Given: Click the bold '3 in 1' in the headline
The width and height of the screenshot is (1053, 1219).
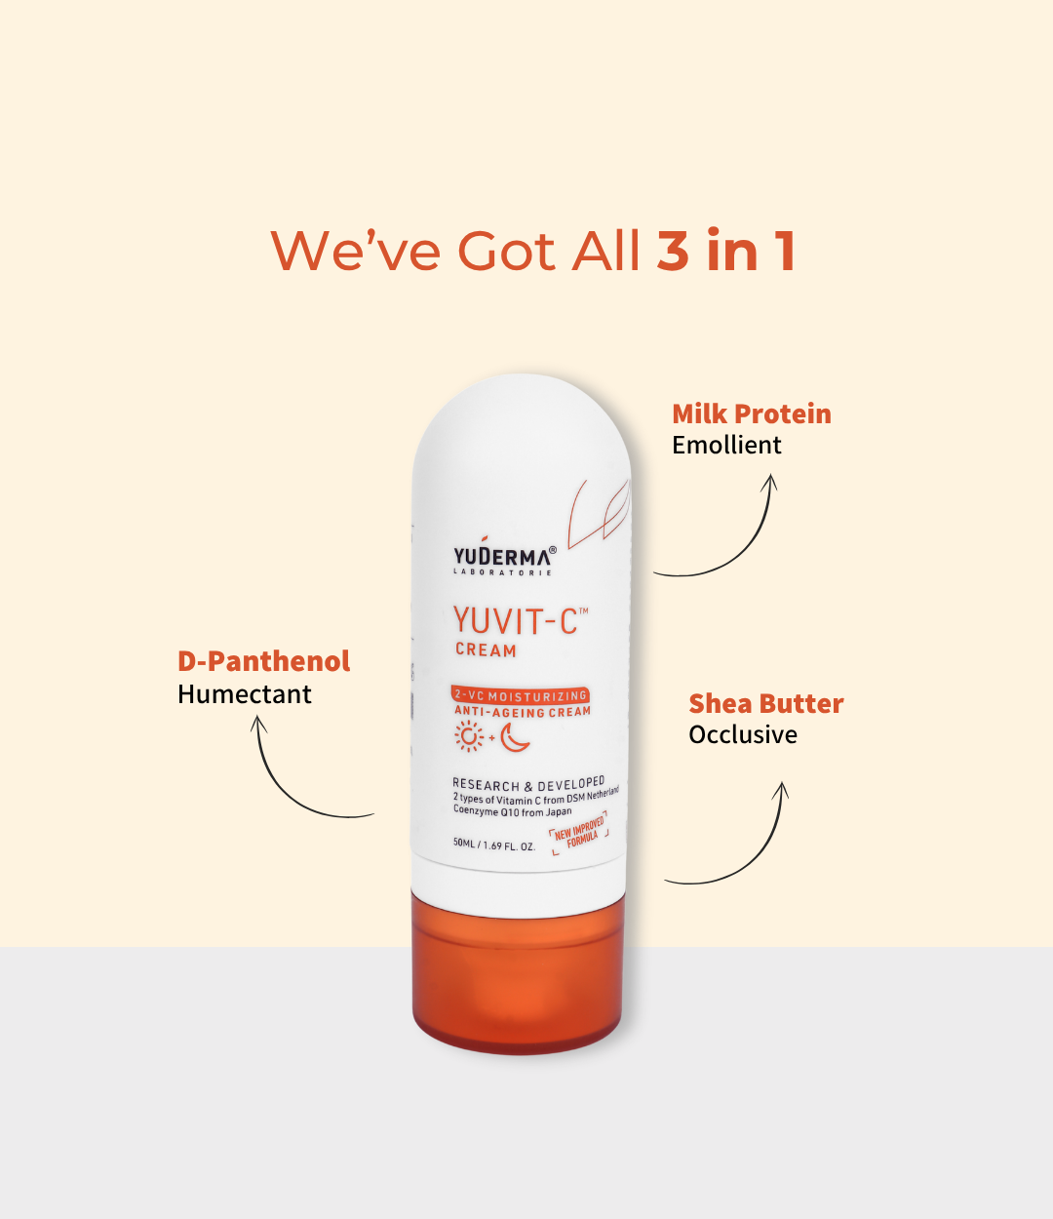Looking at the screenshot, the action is coord(726,250).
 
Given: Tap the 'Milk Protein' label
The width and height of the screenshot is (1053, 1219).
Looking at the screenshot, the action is coord(752,414).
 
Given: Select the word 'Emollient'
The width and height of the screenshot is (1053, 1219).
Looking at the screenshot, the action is coord(726,446).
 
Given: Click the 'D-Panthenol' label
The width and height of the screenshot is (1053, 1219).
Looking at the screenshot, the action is coord(263,661).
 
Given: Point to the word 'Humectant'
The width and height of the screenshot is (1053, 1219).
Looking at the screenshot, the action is coord(244,694).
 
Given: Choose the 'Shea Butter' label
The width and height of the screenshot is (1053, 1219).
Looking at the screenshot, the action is coord(766,703).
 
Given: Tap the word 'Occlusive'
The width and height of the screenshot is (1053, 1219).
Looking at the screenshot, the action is coord(742,735).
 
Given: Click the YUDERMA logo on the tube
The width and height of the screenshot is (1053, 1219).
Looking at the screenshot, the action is coord(504,556).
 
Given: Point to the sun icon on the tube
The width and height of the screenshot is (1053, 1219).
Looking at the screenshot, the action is coord(469,736).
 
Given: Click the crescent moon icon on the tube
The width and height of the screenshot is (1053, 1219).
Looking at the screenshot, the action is coord(514,738).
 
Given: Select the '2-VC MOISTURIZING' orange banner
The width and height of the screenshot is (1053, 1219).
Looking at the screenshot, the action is coord(520,695).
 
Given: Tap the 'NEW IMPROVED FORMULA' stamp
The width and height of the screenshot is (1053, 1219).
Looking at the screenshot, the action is coord(579,832).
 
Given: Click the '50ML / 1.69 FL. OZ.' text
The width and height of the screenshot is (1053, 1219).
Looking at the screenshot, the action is coord(494,845).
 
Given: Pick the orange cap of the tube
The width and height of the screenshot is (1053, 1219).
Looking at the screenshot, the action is coord(517,972).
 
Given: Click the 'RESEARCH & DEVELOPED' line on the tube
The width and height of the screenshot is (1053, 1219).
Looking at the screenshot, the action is coord(528,784).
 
